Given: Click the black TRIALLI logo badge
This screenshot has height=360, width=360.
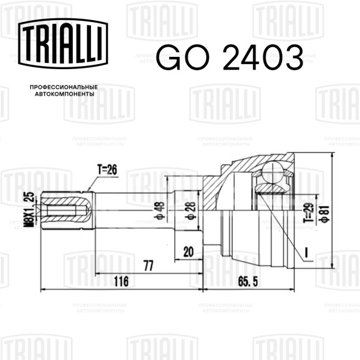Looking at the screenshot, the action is (63, 43).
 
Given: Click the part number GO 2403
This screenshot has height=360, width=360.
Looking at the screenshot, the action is (230, 57).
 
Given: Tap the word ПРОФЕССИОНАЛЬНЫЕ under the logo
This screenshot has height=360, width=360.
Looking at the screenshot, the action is (64, 87).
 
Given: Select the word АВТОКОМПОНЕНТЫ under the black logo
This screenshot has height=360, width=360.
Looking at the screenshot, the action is (65, 94).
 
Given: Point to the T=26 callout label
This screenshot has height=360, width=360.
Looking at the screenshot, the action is (107, 170).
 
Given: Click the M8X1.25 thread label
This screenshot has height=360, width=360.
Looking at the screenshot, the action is (29, 210).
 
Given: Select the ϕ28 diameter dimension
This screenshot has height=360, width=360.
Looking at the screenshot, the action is (191, 211).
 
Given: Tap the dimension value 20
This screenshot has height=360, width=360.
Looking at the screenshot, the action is (188, 252).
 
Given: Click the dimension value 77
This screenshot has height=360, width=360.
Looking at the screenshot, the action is (149, 266).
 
